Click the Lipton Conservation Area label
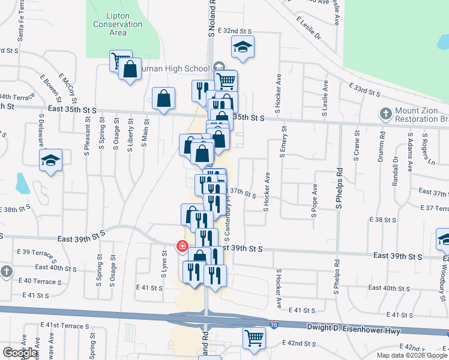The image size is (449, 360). [118, 24]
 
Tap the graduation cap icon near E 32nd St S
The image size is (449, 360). [243, 47]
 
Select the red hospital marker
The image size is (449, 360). [181, 246]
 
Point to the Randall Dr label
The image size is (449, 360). [396, 172]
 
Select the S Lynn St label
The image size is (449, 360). [163, 267]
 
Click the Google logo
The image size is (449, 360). [20, 353]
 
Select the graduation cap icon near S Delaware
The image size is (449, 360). [51, 161]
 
